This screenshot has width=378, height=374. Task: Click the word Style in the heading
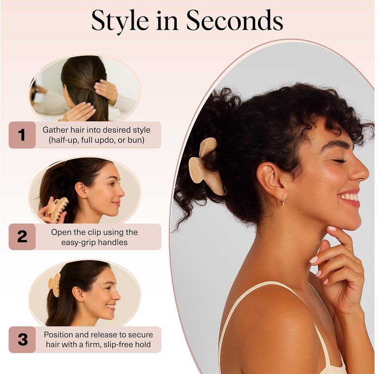(120, 21)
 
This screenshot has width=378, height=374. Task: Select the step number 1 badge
(22, 135)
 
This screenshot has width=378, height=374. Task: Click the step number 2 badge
(22, 237)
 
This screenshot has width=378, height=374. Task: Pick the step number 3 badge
(22, 340)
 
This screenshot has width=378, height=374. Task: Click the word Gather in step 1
(55, 130)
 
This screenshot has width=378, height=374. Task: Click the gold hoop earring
(281, 200)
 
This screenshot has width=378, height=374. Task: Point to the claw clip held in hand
(57, 209)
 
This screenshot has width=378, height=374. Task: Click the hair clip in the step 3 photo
(55, 285)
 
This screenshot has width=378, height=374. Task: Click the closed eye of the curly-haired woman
(339, 161)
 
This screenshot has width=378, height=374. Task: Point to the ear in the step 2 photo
(81, 190)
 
